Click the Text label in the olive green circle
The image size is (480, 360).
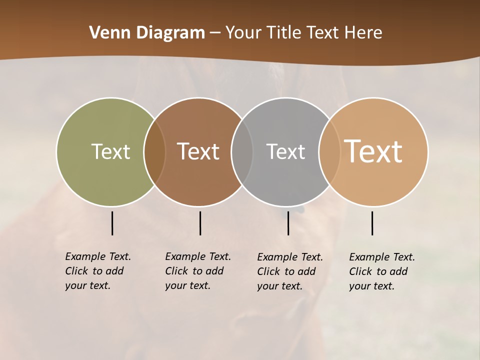point(110,151)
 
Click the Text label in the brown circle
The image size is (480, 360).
point(198,151)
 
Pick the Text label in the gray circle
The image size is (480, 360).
point(285,151)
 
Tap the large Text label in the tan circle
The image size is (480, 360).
point(373,151)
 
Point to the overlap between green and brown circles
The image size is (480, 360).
point(154,151)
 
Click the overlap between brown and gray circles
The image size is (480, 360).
point(242,151)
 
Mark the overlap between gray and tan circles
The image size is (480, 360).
point(329,151)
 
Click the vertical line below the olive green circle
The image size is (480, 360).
point(112,223)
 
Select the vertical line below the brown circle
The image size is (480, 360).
point(200,223)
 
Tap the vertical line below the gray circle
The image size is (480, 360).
point(288,223)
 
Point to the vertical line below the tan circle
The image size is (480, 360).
point(372,223)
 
